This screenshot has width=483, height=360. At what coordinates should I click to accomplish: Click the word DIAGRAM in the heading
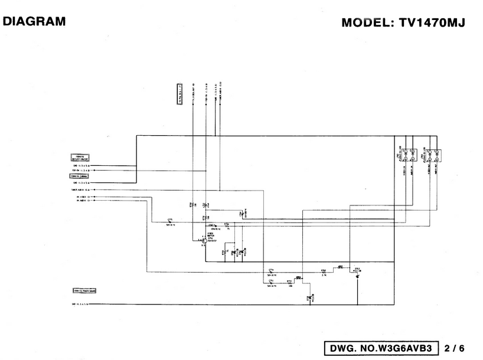coord(34,21)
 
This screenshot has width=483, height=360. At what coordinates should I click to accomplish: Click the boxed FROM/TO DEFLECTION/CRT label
coord(80,158)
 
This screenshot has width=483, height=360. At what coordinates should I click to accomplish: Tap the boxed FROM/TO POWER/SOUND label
coord(84,291)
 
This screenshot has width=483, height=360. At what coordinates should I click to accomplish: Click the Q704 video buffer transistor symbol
coord(203,241)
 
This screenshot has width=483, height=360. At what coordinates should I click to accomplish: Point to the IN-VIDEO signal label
coord(85,196)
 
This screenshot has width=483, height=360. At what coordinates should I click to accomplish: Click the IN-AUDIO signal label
coord(85,200)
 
